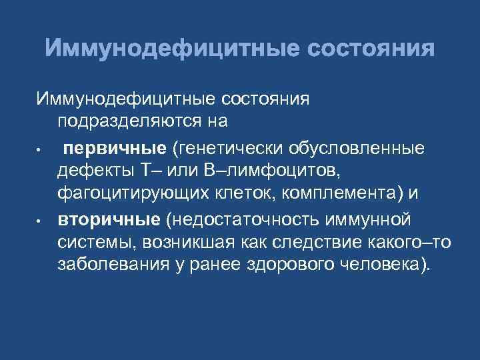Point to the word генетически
[x=217, y=145]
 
